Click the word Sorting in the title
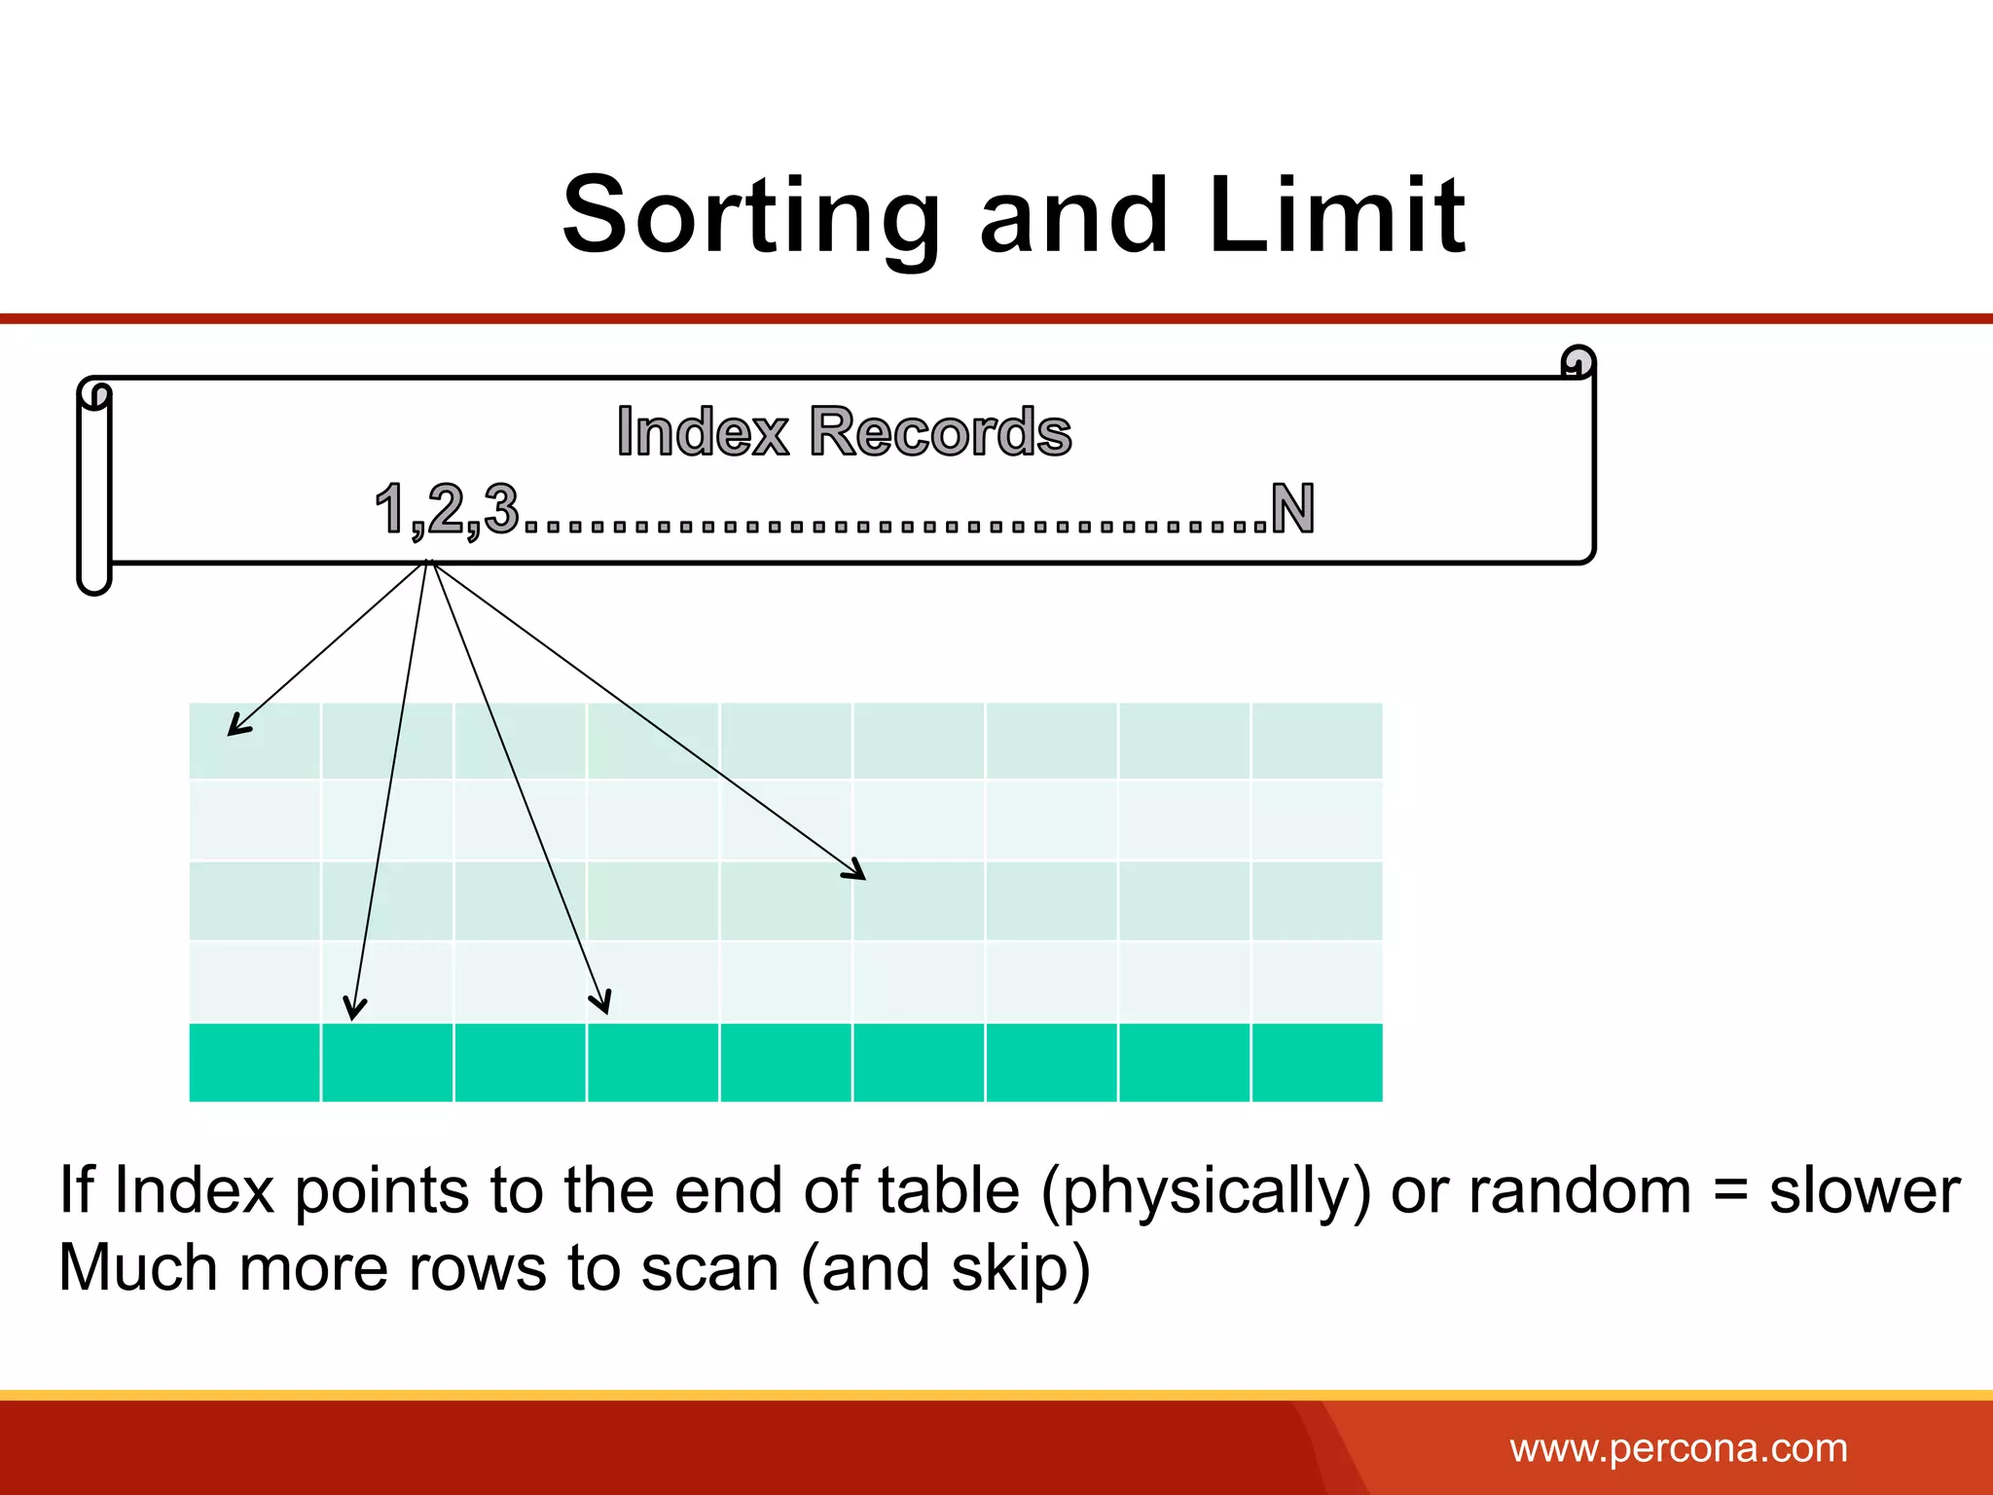(750, 216)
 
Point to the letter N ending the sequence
(1292, 508)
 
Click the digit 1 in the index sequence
(390, 508)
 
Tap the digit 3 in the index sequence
(501, 508)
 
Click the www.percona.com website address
(1678, 1448)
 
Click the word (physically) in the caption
(1206, 1191)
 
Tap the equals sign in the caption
(1729, 1191)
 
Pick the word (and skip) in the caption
(945, 1269)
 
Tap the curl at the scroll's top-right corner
(1577, 362)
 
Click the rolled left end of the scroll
(94, 487)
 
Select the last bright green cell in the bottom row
(1317, 1062)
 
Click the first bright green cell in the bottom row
(254, 1062)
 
